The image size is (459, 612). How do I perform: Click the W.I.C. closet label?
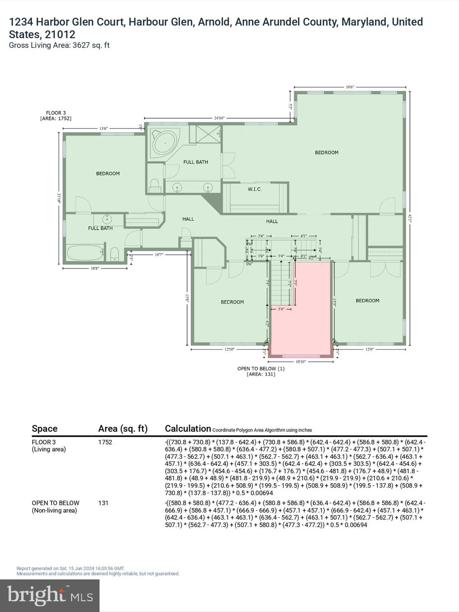[255, 189]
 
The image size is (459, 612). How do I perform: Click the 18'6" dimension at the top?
[350, 86]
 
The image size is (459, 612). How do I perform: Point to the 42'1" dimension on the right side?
[410, 218]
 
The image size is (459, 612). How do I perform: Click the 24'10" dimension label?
[219, 118]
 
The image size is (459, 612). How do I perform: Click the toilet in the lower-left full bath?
[114, 254]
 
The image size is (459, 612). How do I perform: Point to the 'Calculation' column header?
[188, 428]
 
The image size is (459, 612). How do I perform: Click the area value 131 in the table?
[103, 503]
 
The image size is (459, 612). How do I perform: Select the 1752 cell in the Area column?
[105, 442]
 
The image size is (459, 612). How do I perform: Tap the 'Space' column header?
[45, 428]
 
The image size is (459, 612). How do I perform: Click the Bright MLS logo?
[50, 595]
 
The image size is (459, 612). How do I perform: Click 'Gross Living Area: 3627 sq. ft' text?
[59, 45]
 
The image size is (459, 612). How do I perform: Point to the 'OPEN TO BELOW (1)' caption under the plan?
[261, 369]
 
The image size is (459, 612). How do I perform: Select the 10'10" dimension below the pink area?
[300, 362]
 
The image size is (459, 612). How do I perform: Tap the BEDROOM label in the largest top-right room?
[327, 152]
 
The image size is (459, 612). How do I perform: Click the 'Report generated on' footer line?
[71, 569]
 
